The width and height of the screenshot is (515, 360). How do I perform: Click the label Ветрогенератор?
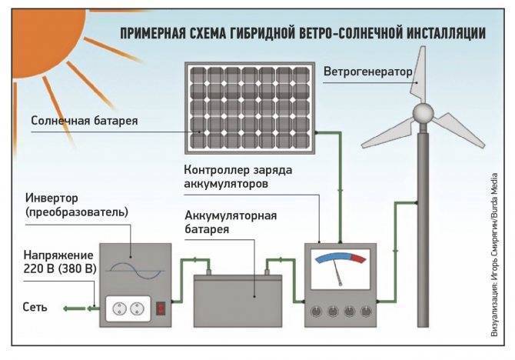(x=368, y=72)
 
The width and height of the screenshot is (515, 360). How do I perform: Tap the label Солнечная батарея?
(x=85, y=121)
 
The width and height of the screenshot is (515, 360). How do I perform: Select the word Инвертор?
(x=51, y=198)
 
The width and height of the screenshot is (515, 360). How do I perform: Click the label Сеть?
(x=35, y=308)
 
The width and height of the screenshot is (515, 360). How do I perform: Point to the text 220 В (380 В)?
(x=60, y=268)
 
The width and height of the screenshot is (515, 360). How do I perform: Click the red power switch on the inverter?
(x=161, y=308)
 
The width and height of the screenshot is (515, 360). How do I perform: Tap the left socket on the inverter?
(x=119, y=308)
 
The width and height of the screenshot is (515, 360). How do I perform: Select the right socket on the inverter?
(x=137, y=308)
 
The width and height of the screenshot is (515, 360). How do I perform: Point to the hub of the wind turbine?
(x=423, y=113)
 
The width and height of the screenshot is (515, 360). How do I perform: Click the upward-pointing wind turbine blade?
(x=419, y=74)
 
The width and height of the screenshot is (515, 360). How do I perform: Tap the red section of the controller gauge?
(x=358, y=258)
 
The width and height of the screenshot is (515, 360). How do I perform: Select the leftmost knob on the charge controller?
(x=316, y=311)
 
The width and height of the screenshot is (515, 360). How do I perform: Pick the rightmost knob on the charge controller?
(x=366, y=311)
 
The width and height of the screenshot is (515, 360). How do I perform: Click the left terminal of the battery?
(x=208, y=272)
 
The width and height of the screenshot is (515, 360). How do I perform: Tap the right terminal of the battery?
(x=267, y=272)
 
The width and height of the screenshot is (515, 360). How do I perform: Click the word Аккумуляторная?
(x=231, y=215)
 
